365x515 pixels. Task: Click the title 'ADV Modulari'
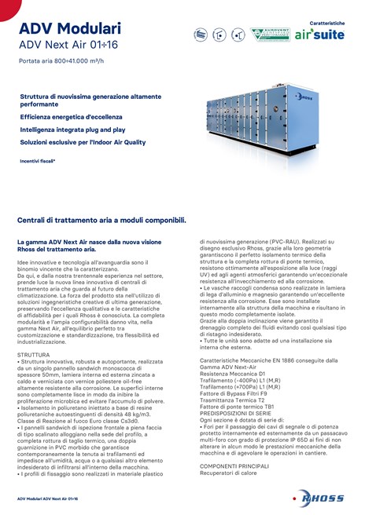click(x=70, y=29)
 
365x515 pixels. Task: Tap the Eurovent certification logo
click(x=269, y=35)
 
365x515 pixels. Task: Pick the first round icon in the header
click(x=201, y=35)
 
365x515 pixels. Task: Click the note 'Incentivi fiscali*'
click(x=38, y=161)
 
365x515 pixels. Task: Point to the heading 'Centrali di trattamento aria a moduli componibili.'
click(x=101, y=221)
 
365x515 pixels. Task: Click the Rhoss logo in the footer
click(x=318, y=499)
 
